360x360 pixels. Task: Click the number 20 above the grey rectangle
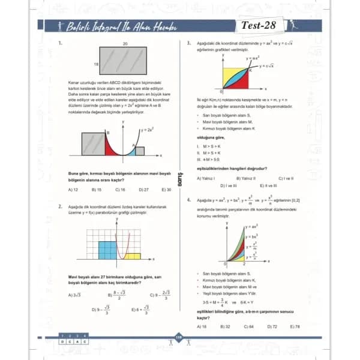[125, 44]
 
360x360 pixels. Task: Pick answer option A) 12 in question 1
[74, 190]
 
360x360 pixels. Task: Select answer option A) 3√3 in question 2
[75, 295]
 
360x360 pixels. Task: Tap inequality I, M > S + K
[208, 146]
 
